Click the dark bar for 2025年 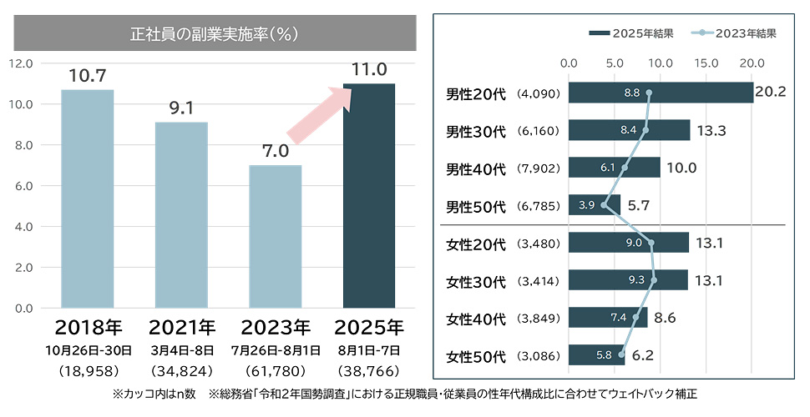tap(369, 196)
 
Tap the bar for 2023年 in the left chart tap(276, 237)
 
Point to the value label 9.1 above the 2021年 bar tap(181, 108)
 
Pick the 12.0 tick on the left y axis tap(20, 63)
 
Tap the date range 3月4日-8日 tap(181, 349)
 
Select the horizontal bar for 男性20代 tap(660, 93)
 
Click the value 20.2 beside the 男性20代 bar tap(770, 93)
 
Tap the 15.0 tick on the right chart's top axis tap(706, 63)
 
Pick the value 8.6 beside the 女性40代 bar tap(665, 318)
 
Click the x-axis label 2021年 tap(181, 325)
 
